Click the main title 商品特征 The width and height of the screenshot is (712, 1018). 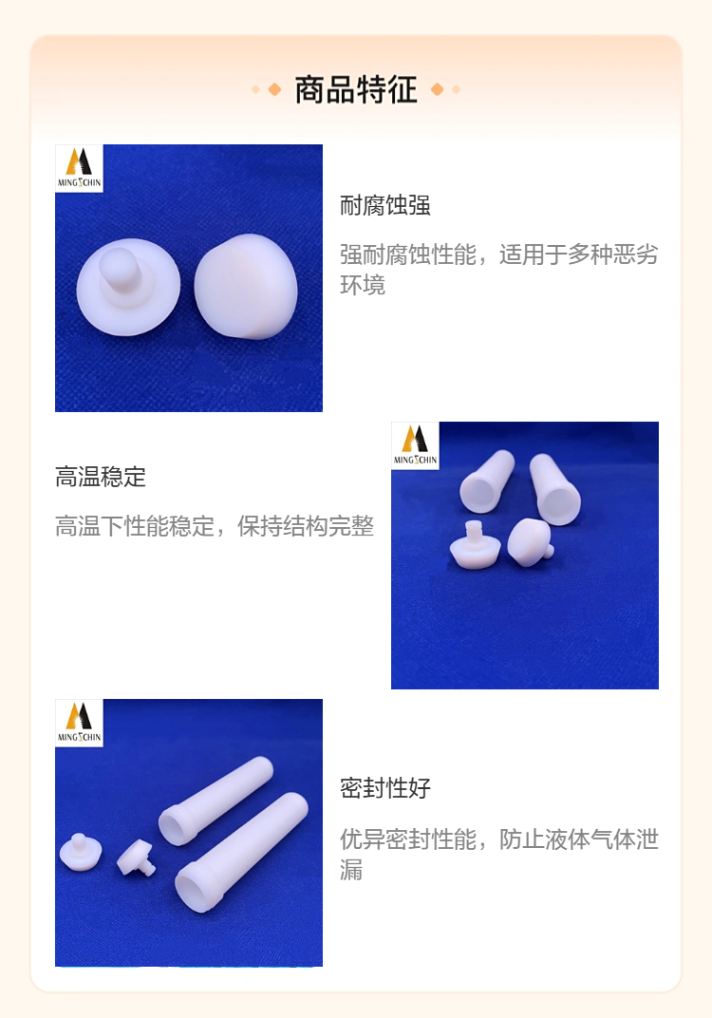(356, 89)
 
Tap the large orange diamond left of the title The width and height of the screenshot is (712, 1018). (274, 89)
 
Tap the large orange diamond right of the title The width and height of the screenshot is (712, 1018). (438, 89)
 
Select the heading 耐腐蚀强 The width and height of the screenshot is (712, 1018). (384, 205)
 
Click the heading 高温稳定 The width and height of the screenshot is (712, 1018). (101, 477)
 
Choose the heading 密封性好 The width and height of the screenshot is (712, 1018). (384, 787)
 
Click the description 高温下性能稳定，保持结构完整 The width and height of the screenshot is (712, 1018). (215, 526)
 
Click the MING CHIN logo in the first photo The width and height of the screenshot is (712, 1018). (79, 168)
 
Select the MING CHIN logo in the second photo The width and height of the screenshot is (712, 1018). (416, 445)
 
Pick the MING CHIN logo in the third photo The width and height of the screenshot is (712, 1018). (79, 723)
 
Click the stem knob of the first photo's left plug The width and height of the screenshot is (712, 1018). (121, 268)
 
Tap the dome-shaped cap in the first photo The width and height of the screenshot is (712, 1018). (246, 287)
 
